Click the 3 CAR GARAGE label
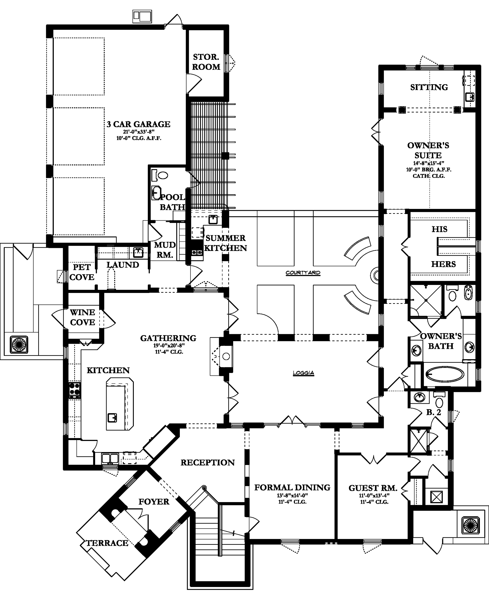[139, 124]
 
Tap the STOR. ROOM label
[206, 62]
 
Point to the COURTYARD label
[303, 273]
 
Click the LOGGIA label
[303, 373]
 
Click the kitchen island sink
[112, 417]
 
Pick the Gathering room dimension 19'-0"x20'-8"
[169, 346]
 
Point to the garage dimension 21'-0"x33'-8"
[139, 132]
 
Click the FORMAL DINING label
[292, 487]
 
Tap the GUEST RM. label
[373, 488]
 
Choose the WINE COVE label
[83, 317]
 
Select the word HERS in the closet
[443, 264]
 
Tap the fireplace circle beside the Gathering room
[226, 356]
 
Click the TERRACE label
[107, 543]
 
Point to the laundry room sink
[138, 252]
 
